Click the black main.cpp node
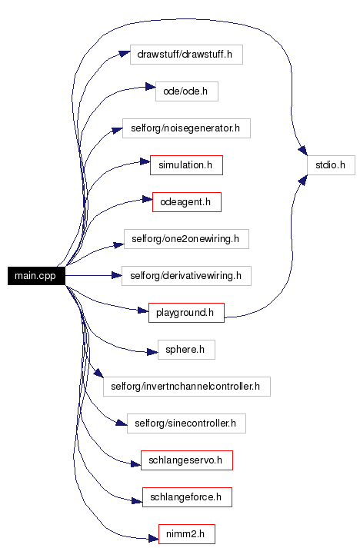click(x=36, y=276)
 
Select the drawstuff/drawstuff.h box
click(x=186, y=55)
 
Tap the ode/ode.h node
click(x=187, y=91)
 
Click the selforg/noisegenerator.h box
click(x=186, y=128)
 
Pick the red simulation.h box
click(x=186, y=165)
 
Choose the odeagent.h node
click(x=187, y=202)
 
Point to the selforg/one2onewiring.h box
click(x=186, y=239)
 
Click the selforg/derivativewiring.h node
click(x=186, y=276)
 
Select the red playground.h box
click(x=186, y=313)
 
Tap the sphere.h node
click(x=186, y=350)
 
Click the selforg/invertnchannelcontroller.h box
click(x=187, y=387)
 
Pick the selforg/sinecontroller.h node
click(x=186, y=423)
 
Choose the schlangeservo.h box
click(x=187, y=460)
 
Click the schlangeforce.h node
click(x=187, y=497)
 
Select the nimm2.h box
click(x=187, y=534)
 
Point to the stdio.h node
click(x=331, y=165)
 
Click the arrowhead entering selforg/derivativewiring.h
click(x=117, y=276)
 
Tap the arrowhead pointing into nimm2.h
click(x=153, y=539)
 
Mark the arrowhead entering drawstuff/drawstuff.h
click(x=125, y=54)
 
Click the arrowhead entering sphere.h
click(x=152, y=352)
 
